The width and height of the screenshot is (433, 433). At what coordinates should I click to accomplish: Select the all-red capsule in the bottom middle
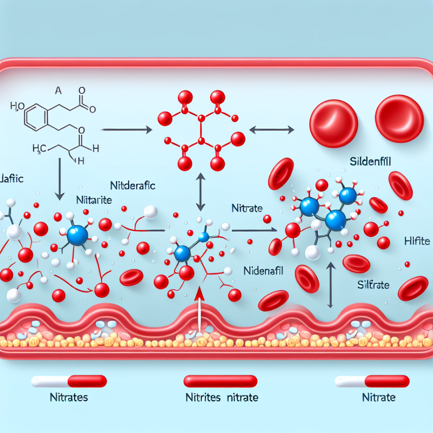pos(221,382)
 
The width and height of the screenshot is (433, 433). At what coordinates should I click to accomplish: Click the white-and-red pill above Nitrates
pos(69,382)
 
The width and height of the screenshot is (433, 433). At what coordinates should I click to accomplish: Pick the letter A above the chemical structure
pos(57,90)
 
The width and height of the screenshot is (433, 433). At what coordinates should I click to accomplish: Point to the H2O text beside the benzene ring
pos(17,106)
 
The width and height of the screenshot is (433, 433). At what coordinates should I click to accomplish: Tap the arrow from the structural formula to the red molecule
pos(126,130)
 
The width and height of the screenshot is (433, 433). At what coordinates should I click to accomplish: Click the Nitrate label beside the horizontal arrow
pos(244,208)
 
